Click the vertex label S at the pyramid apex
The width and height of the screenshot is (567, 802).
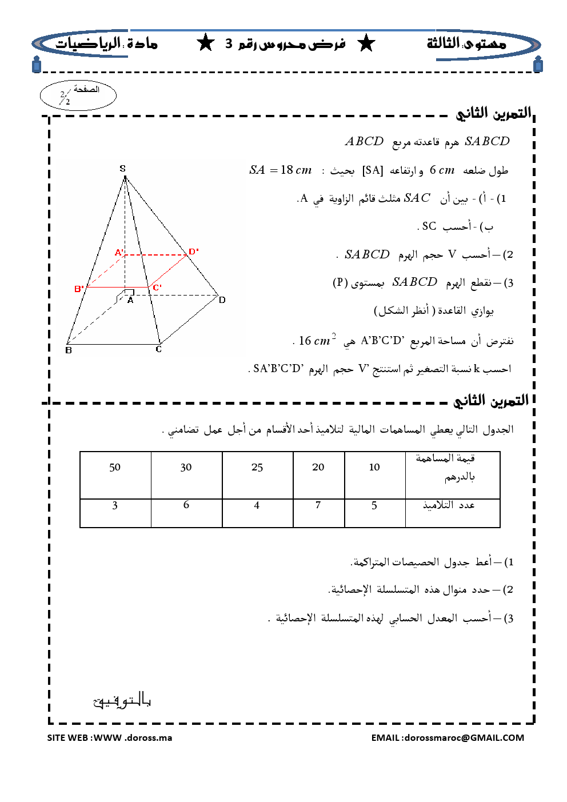[x=122, y=169]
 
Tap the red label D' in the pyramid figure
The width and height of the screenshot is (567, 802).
[x=194, y=252]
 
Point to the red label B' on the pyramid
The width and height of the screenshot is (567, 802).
[x=79, y=289]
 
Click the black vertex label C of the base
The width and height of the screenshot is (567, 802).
[x=159, y=349]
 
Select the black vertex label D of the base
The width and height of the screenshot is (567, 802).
[x=222, y=300]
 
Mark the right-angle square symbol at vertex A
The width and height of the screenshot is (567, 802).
[x=130, y=292]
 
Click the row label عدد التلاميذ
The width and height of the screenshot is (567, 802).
[x=449, y=505]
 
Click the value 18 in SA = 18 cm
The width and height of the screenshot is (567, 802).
[x=286, y=170]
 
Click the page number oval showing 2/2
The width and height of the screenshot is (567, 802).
[x=78, y=95]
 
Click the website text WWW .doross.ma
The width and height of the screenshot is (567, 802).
[x=133, y=737]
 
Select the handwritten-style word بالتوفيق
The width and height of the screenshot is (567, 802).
[x=122, y=700]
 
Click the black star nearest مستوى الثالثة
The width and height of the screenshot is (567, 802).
[x=366, y=43]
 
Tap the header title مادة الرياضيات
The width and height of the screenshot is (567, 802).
[x=106, y=43]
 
